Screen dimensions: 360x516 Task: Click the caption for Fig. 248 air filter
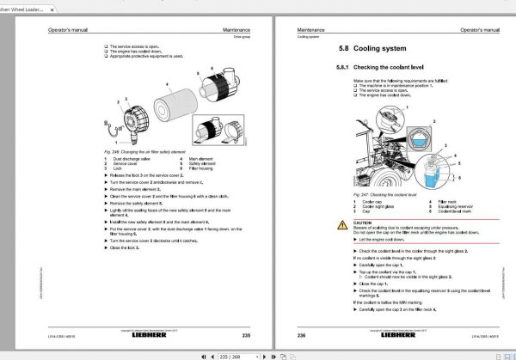[137, 149]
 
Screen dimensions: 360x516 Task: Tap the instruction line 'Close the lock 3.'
[129, 258]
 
